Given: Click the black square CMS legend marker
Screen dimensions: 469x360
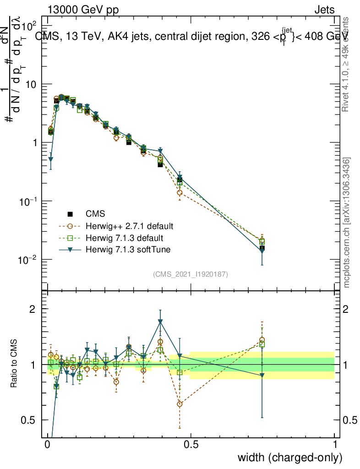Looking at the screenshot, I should coord(70,214).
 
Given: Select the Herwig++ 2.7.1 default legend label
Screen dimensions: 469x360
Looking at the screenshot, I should coord(130,226).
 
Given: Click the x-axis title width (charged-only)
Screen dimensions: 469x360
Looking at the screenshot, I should coord(290,458).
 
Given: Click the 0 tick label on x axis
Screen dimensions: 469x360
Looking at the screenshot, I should coord(48,445).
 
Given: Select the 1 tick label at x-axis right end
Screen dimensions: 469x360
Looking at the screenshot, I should coord(334,445).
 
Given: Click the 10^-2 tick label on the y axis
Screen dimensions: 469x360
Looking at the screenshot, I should coord(29,260).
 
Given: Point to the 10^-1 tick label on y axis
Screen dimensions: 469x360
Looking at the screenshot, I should coord(29,202).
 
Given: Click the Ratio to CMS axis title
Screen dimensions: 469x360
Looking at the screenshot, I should coord(15,364).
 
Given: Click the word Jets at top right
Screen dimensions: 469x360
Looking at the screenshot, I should coord(324,10).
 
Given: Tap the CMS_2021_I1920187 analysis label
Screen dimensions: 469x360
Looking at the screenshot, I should coord(191,274).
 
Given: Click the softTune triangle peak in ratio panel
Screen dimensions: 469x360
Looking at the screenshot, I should coord(160,322).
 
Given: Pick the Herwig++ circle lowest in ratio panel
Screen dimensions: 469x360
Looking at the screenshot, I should coord(180,404).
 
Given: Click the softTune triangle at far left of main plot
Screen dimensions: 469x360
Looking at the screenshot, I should coord(51,160).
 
